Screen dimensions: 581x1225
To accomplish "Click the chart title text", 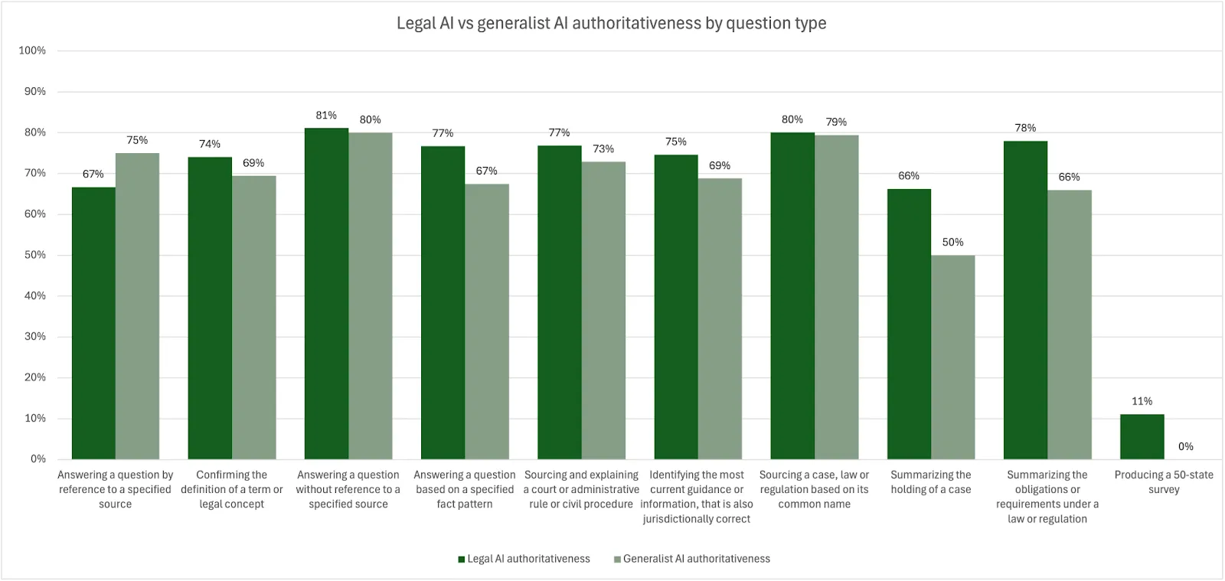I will (x=611, y=23).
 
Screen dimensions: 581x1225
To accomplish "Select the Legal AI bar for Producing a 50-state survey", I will (x=1142, y=437).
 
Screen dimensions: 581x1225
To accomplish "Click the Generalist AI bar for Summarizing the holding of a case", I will (x=952, y=357).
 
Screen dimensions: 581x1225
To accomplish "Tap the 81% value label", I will (x=326, y=116).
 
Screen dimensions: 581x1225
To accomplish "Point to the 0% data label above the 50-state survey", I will (x=1185, y=446).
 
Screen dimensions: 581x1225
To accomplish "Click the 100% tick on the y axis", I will (x=32, y=51).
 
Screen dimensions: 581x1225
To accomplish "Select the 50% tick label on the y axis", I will (x=34, y=255).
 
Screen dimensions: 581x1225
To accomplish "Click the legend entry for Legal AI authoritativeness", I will (x=524, y=559).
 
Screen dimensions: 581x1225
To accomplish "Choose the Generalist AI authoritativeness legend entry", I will (x=692, y=559).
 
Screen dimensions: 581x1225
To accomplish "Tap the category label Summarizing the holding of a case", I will (x=930, y=482).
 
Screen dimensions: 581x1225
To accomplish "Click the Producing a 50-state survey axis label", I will (x=1164, y=482).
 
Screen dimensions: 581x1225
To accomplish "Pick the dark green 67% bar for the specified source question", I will (x=93, y=323).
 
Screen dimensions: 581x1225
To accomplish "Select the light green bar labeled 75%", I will (x=137, y=306).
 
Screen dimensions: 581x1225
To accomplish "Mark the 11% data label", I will (x=1142, y=401).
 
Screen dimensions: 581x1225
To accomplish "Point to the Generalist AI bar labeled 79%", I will (x=836, y=297).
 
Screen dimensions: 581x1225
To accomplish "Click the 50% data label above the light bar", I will (x=952, y=242).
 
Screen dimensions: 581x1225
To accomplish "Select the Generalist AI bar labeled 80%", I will (x=370, y=296).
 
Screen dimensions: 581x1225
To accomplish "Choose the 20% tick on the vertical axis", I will (x=34, y=377).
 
